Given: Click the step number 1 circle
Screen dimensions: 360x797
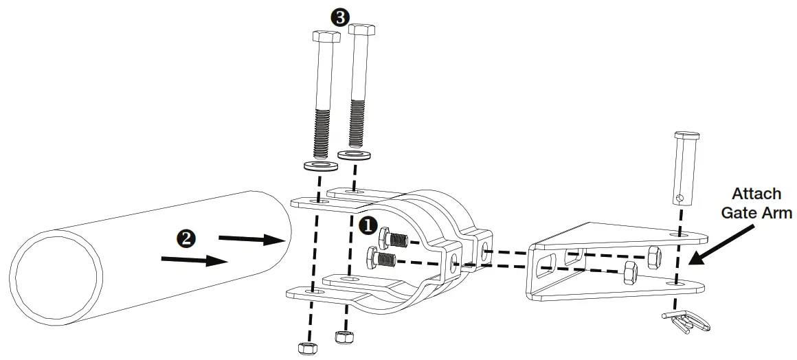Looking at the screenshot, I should (x=369, y=224).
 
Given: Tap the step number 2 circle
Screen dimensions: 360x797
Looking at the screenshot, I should (x=186, y=238).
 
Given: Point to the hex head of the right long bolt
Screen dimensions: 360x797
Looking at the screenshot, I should (x=361, y=30).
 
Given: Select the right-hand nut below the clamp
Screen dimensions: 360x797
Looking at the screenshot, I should (x=344, y=336).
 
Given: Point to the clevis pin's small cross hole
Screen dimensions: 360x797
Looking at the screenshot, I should (x=679, y=199).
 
